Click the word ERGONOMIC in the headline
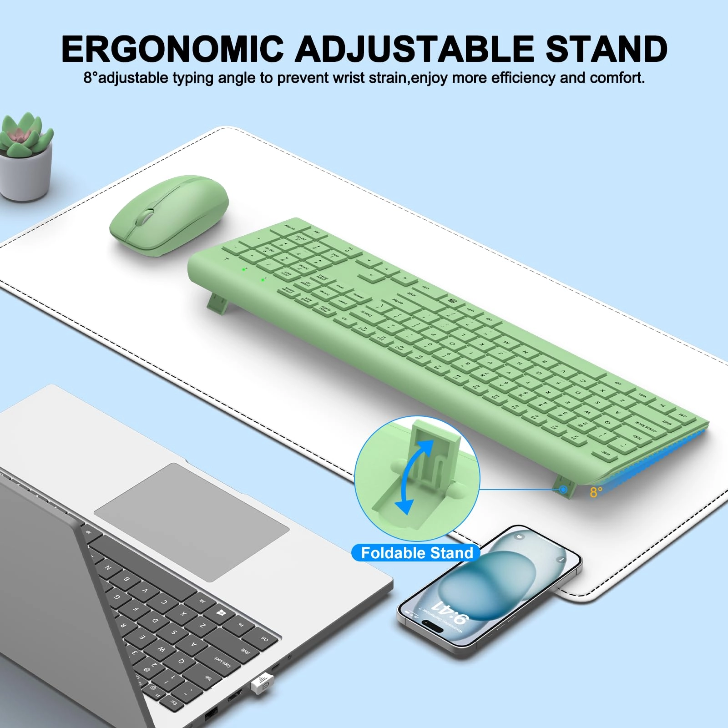(x=172, y=49)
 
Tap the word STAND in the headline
(x=606, y=49)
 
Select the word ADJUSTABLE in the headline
(x=415, y=49)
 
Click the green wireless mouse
(x=169, y=214)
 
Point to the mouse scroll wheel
(x=145, y=216)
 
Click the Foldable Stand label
(x=417, y=553)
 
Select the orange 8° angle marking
(x=596, y=492)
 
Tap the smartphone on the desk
(x=489, y=589)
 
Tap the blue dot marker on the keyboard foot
(x=563, y=490)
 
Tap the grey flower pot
(x=25, y=175)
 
